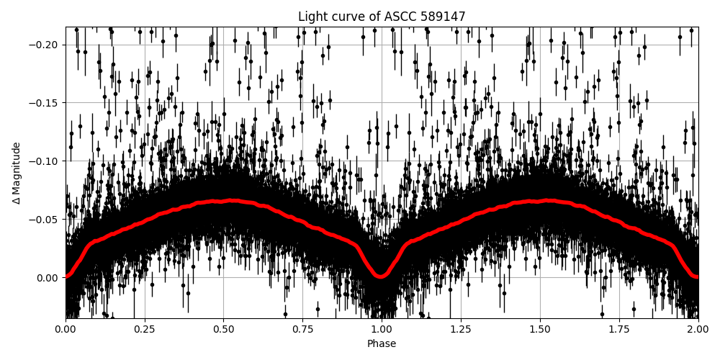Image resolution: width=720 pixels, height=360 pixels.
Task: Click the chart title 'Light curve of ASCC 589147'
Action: coord(382,17)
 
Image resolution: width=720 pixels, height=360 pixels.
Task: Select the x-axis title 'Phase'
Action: coord(382,344)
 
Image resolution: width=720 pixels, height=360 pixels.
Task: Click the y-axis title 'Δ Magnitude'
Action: coord(17,173)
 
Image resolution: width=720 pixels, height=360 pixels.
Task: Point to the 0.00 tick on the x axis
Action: coord(66,330)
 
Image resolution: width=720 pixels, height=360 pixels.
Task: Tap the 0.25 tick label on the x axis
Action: coord(145,330)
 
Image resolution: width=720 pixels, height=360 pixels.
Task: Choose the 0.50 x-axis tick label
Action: coord(223,330)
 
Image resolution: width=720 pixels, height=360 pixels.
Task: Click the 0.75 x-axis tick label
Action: coord(302,330)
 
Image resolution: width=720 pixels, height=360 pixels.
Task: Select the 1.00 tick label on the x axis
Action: coord(382,330)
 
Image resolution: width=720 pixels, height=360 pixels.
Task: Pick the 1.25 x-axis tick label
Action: coord(461,330)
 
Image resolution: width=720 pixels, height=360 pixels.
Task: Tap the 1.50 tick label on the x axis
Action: coord(540,330)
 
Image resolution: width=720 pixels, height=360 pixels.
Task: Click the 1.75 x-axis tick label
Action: coord(619,330)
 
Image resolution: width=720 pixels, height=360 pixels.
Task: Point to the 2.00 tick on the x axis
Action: coord(698,330)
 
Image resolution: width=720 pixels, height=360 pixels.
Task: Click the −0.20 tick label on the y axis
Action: coord(45,45)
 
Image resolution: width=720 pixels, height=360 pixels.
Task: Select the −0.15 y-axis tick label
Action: coord(45,103)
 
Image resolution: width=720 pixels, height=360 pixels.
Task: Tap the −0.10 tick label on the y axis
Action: coord(45,161)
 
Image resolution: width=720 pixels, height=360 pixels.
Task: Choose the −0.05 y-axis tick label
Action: coord(45,220)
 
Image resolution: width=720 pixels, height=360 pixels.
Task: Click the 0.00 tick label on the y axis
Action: coord(48,278)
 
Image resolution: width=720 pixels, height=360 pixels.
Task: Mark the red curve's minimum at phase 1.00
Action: coord(382,276)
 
